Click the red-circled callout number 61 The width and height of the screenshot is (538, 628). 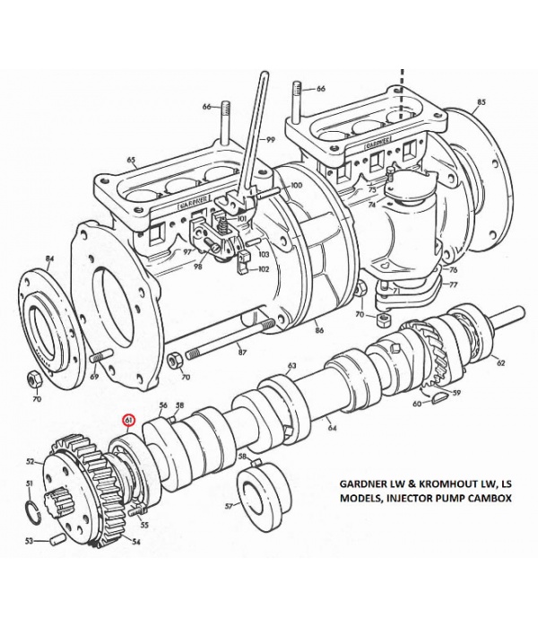click(x=130, y=419)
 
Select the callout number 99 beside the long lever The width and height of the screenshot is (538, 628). click(x=270, y=141)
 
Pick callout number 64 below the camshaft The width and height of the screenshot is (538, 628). click(x=332, y=427)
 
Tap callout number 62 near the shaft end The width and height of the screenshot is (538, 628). click(x=500, y=363)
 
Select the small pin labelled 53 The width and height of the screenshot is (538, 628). click(x=58, y=541)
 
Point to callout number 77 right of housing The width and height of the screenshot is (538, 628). click(x=453, y=283)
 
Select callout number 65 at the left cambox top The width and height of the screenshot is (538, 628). click(x=131, y=161)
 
